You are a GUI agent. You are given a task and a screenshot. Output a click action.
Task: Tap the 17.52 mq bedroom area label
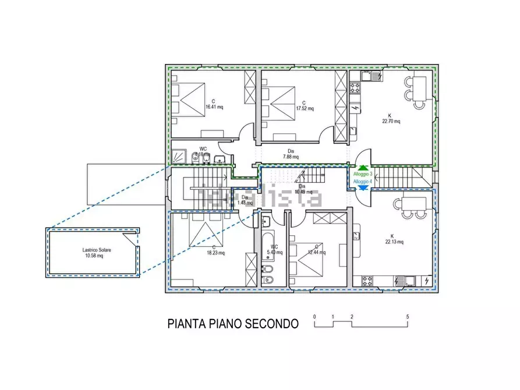pyautogui.click(x=304, y=108)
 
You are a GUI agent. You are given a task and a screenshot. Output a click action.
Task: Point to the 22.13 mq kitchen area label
pyautogui.click(x=393, y=242)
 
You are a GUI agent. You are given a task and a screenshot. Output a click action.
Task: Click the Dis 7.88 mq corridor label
pyautogui.click(x=291, y=156)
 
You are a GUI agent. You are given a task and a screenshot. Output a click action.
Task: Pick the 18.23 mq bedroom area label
pyautogui.click(x=215, y=253)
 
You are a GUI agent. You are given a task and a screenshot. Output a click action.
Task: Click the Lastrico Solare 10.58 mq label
pyautogui.click(x=93, y=255)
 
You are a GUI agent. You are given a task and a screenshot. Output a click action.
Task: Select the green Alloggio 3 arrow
pyautogui.click(x=363, y=168)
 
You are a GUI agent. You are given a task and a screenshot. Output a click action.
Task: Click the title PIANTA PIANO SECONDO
pyautogui.click(x=233, y=323)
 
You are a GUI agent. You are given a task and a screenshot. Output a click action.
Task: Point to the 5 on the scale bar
pyautogui.click(x=408, y=317)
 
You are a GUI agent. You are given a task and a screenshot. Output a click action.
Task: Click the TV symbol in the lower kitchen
pyautogui.click(x=356, y=236)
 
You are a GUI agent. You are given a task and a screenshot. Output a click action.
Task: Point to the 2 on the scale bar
pyautogui.click(x=352, y=317)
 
